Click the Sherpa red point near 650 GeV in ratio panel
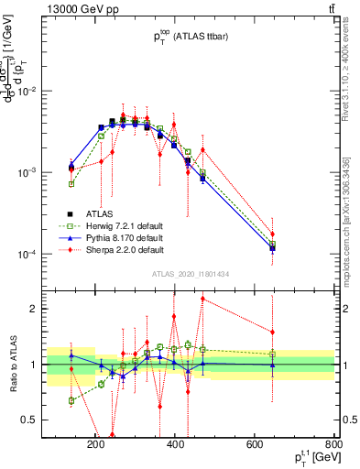(272, 332)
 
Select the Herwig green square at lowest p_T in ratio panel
(71, 400)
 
